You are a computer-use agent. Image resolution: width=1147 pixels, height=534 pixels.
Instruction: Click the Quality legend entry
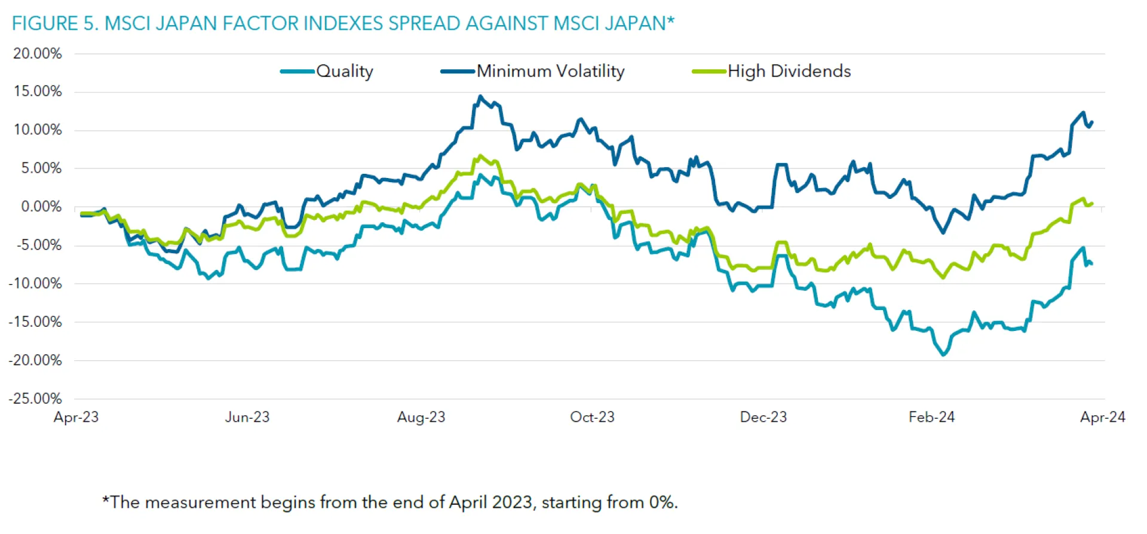[x=344, y=71]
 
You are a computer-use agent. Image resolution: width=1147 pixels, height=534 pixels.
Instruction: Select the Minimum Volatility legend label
[x=550, y=71]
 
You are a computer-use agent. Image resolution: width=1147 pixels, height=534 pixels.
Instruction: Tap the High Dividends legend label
[x=789, y=71]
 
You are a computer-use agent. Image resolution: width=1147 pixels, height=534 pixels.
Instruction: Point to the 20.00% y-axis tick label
[x=38, y=54]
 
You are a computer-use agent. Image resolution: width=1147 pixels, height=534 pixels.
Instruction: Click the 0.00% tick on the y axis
[x=41, y=207]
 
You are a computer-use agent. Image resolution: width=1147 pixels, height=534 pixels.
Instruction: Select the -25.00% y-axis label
[x=35, y=398]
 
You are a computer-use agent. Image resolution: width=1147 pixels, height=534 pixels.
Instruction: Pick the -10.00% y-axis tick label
[x=35, y=283]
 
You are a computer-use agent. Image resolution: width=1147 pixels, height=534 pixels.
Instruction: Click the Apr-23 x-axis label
[x=76, y=417]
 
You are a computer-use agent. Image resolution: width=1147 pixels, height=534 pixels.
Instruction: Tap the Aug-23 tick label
[x=421, y=417]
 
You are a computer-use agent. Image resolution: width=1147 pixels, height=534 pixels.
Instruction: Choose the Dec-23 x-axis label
[x=763, y=417]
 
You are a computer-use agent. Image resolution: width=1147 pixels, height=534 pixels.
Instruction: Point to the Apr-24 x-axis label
[x=1102, y=417]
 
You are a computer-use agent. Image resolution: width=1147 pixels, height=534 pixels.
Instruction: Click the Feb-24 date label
[x=931, y=417]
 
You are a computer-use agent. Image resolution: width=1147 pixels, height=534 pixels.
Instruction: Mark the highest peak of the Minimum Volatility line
[x=480, y=96]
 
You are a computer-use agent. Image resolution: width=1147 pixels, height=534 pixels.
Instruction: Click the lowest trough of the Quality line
[x=943, y=355]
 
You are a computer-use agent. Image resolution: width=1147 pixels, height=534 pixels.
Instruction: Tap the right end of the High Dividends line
[x=1092, y=204]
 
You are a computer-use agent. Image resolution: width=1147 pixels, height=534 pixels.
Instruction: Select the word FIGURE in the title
[x=45, y=23]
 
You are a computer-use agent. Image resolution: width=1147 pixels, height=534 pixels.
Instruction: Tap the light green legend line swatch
[x=709, y=72]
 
